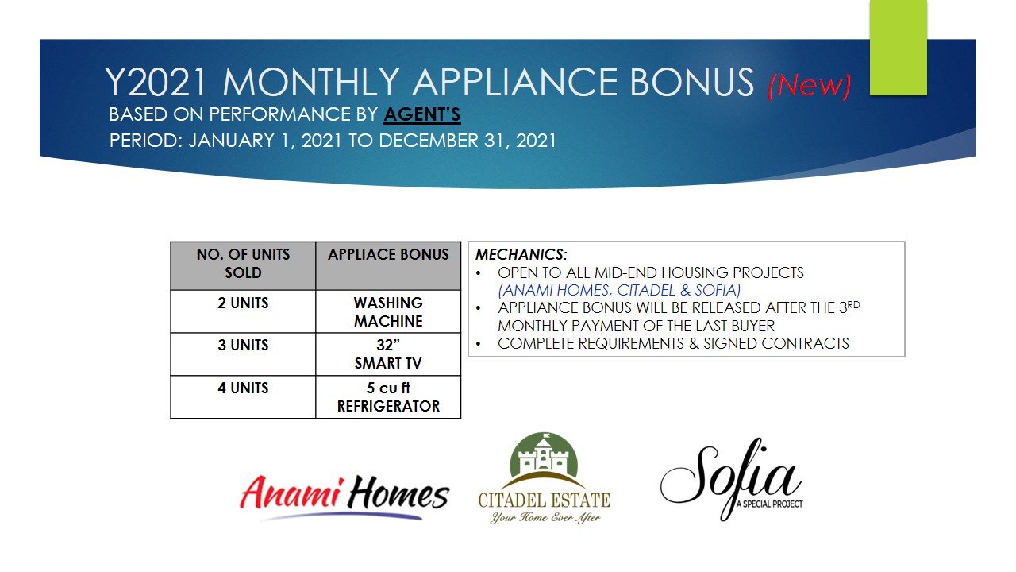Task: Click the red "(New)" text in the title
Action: click(809, 85)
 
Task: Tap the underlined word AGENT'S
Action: click(421, 114)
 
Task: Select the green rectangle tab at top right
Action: click(898, 47)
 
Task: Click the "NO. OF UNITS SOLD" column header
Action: click(243, 265)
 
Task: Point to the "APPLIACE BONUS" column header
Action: click(388, 265)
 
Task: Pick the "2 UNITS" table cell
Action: click(243, 311)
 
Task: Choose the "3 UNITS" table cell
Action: click(243, 354)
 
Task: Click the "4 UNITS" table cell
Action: click(243, 396)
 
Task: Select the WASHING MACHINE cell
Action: click(388, 311)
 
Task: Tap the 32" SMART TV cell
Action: click(388, 354)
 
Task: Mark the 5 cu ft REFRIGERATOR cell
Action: click(388, 396)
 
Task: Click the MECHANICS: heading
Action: click(521, 254)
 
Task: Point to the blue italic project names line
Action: click(619, 290)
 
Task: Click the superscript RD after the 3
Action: click(853, 304)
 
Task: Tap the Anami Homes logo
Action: click(344, 497)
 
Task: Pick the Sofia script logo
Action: click(731, 479)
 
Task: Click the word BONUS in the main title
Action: click(691, 82)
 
